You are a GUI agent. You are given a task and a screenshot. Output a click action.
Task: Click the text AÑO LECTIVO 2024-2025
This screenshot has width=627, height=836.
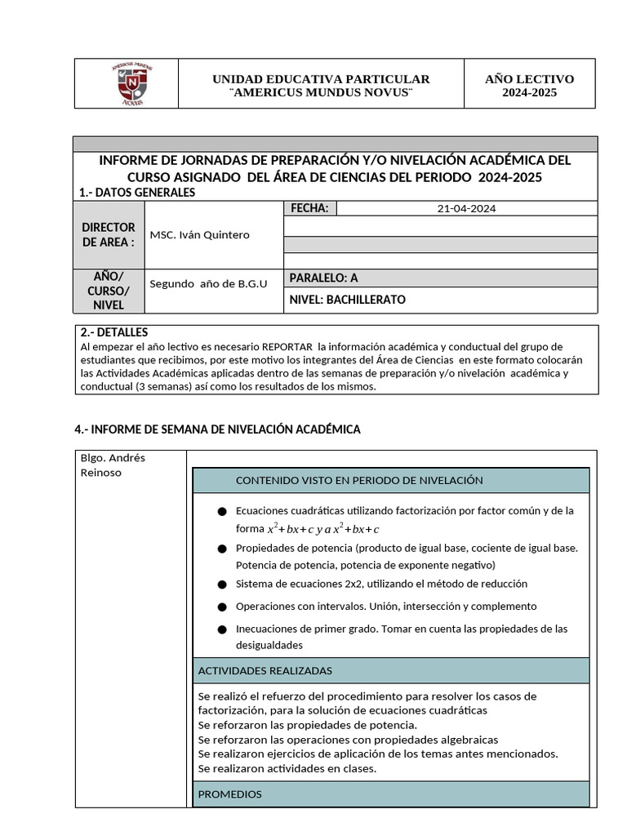click(529, 86)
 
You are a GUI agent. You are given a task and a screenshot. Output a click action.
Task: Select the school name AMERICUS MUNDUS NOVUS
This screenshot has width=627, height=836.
click(321, 92)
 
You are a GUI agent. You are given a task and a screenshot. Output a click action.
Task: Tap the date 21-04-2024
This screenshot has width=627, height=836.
click(466, 208)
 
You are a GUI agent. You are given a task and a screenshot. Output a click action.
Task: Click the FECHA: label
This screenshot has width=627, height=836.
click(309, 208)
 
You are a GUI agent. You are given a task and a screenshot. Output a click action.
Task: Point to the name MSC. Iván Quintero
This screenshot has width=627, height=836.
click(200, 235)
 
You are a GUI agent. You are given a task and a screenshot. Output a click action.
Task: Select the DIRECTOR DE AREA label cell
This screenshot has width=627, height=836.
click(109, 235)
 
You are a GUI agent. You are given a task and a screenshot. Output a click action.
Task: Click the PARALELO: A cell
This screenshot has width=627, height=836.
click(324, 278)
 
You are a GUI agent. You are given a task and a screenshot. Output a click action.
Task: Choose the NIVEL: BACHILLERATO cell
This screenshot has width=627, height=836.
click(347, 300)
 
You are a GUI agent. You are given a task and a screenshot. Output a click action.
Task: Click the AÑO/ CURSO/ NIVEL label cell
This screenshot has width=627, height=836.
click(109, 291)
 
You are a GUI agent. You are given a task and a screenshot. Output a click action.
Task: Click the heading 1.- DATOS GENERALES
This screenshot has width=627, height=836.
click(137, 193)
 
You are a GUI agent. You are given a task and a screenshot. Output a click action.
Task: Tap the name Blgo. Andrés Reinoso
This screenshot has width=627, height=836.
click(113, 465)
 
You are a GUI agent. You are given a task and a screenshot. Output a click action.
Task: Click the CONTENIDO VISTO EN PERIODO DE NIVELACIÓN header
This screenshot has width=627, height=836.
click(359, 481)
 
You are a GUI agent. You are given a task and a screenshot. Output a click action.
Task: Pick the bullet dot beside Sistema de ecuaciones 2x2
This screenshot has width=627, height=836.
click(222, 585)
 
